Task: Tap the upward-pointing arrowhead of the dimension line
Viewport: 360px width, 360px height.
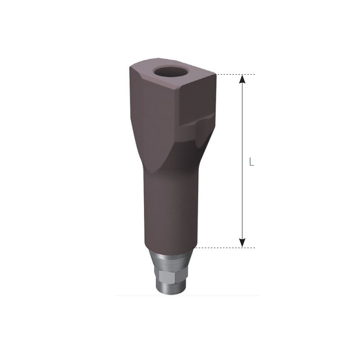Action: tap(243, 80)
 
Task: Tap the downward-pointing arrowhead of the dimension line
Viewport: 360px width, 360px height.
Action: tap(243, 242)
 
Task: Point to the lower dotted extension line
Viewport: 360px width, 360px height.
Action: tap(225, 247)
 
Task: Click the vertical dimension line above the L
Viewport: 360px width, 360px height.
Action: tap(243, 117)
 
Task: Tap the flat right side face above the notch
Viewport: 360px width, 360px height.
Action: tap(200, 97)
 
